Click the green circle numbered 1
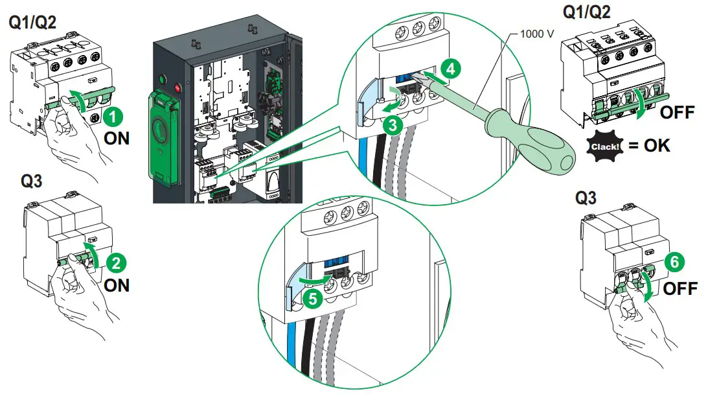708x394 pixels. tap(114, 117)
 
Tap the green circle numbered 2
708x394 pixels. tap(117, 264)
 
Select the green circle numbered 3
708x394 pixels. tap(390, 125)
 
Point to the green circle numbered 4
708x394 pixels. tap(451, 67)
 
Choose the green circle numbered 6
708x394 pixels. tap(674, 262)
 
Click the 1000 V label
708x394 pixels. tap(537, 32)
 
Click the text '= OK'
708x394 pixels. tap(648, 145)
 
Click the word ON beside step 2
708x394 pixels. tap(117, 286)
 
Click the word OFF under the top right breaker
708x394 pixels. tap(676, 113)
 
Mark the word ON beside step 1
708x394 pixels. tap(117, 139)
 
